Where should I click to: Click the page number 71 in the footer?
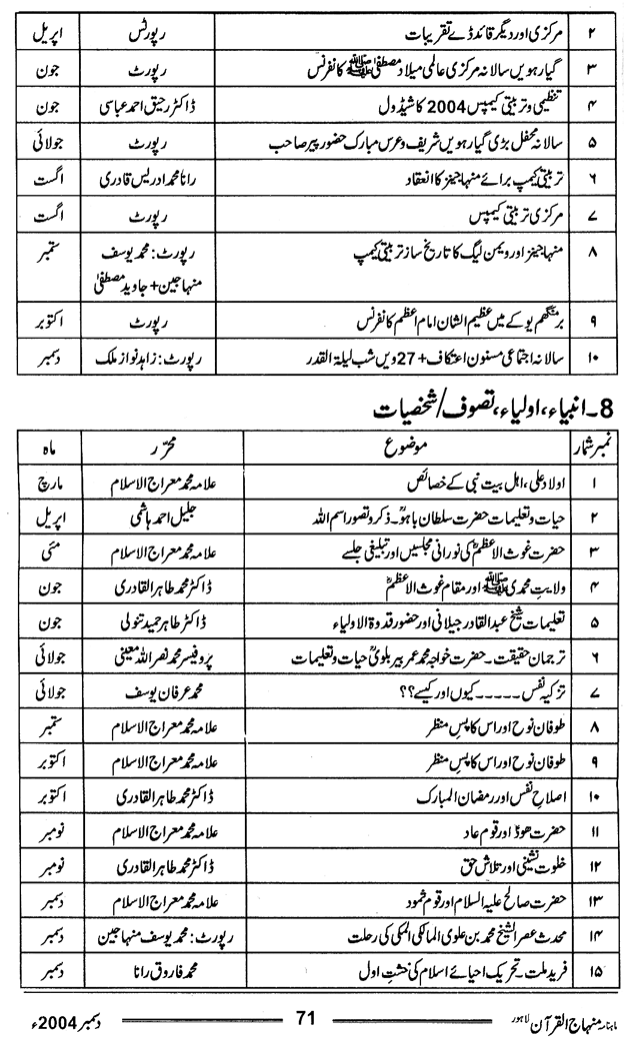[306, 1018]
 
